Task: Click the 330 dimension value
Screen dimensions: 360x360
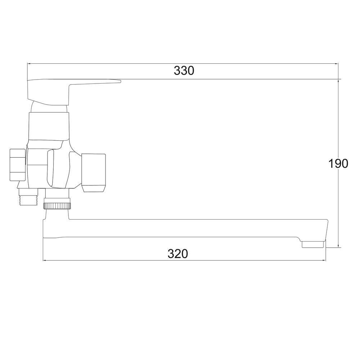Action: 184,71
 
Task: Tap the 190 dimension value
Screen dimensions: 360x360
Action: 338,164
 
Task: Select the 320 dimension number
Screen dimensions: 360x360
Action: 178,254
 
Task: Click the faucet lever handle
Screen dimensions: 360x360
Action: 69,92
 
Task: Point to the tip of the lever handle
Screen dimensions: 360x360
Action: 120,81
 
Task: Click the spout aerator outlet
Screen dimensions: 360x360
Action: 314,244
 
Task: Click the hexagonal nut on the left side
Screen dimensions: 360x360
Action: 17,165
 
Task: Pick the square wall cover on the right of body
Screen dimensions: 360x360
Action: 94,173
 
